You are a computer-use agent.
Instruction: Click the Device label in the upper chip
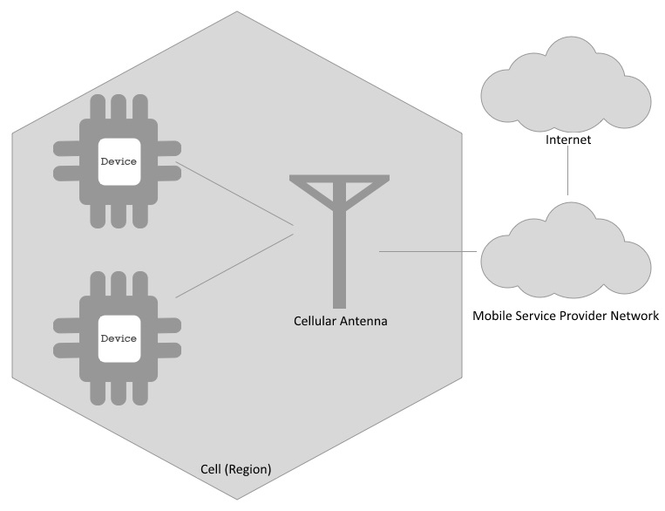(119, 161)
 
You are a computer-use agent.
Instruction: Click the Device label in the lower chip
(119, 337)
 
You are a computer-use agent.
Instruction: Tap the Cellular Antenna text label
(340, 321)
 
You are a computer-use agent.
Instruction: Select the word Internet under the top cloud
(567, 139)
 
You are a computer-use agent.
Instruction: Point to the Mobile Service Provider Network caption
(566, 315)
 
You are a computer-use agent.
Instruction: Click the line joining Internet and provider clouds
(567, 170)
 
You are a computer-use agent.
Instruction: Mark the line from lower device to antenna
(234, 266)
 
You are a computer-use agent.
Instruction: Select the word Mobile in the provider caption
(491, 315)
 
